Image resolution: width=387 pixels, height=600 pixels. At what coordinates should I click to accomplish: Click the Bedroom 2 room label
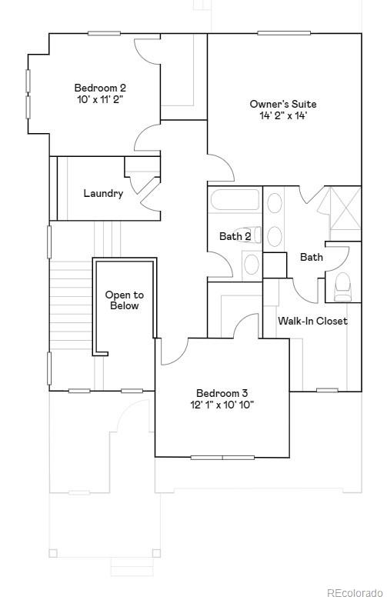pyautogui.click(x=98, y=88)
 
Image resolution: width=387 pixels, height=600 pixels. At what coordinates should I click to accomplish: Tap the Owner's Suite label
pyautogui.click(x=283, y=104)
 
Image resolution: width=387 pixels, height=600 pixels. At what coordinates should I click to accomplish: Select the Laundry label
pyautogui.click(x=103, y=194)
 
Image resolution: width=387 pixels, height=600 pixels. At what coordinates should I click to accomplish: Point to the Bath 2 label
pyautogui.click(x=235, y=237)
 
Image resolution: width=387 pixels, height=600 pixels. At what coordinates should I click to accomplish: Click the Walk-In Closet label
pyautogui.click(x=312, y=321)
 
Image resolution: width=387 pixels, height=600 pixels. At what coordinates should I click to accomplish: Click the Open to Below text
pyautogui.click(x=125, y=300)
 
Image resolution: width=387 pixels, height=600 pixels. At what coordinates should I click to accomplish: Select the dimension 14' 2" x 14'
pyautogui.click(x=283, y=116)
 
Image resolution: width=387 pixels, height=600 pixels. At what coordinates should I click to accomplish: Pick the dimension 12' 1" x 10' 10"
pyautogui.click(x=222, y=404)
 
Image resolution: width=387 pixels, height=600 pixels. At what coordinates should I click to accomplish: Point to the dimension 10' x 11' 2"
pyautogui.click(x=100, y=100)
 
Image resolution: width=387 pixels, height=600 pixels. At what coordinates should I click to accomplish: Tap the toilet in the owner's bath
pyautogui.click(x=343, y=285)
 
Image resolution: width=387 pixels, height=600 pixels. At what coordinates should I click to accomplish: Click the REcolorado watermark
pyautogui.click(x=355, y=592)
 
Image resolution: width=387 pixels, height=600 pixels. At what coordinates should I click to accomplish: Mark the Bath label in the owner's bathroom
pyautogui.click(x=312, y=257)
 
